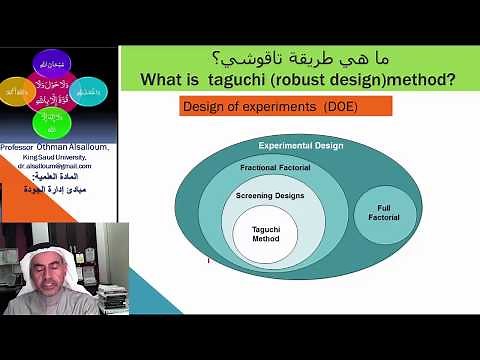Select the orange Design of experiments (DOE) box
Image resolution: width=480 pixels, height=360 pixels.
point(271,106)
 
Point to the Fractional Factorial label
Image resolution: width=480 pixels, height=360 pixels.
point(272,167)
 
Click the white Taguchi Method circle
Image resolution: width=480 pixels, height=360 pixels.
point(265,232)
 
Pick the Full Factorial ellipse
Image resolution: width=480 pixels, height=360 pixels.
point(383,214)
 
